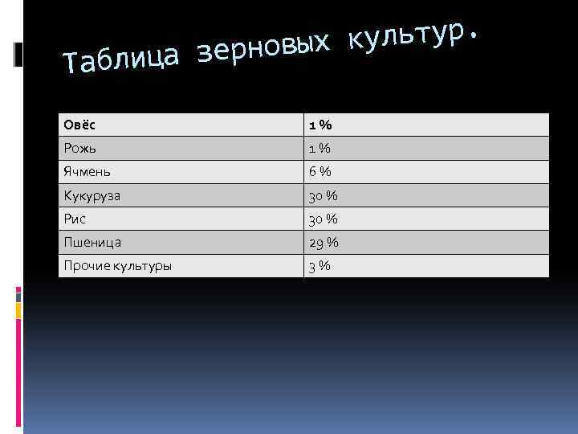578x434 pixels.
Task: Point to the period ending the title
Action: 478,35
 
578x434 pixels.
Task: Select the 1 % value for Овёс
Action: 320,125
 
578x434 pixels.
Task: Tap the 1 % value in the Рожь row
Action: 320,149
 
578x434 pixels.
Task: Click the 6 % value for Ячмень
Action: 320,172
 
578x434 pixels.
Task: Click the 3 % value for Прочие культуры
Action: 320,266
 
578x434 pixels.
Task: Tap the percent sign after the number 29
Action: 332,242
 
